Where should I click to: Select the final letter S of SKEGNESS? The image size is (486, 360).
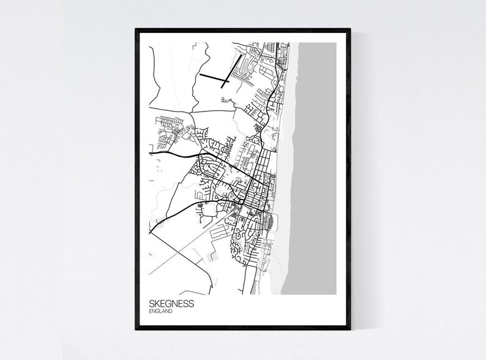[x=192, y=304]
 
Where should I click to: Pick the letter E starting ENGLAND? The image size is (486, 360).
[x=151, y=311]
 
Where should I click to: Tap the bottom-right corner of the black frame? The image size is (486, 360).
[x=350, y=329]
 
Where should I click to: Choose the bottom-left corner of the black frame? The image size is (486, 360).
[x=136, y=329]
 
